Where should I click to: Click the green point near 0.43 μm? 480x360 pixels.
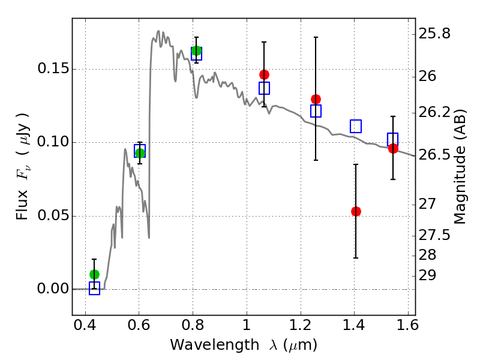click(x=94, y=274)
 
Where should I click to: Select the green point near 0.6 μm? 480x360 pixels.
click(x=140, y=153)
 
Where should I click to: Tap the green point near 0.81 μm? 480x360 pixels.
click(x=196, y=51)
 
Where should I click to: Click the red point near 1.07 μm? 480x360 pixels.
click(x=264, y=74)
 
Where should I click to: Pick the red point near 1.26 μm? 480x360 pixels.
click(x=316, y=99)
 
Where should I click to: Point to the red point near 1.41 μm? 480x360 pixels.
click(x=356, y=211)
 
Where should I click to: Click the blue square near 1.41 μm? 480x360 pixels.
click(x=356, y=126)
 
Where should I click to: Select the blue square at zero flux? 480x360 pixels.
click(x=94, y=289)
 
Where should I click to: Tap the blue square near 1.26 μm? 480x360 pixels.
click(x=316, y=111)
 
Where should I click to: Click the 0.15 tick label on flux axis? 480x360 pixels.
click(x=52, y=69)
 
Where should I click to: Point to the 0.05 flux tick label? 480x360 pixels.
click(x=52, y=216)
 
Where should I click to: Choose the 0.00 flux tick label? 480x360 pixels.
click(x=52, y=289)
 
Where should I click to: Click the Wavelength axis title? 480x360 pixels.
click(x=243, y=345)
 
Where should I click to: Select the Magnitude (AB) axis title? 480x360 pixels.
click(x=461, y=166)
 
